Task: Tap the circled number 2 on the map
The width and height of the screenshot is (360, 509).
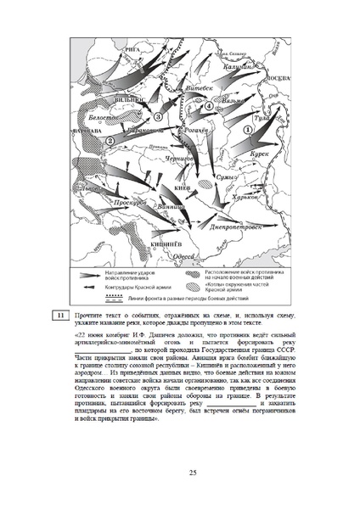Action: click(110, 143)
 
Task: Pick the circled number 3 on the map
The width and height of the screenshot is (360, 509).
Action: click(157, 116)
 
